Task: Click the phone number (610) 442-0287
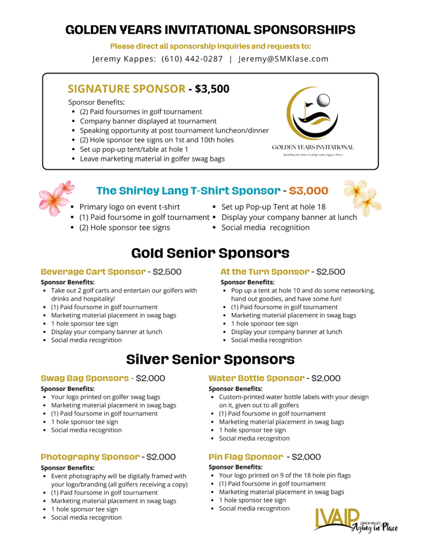click(192, 59)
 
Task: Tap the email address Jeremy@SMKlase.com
click(283, 59)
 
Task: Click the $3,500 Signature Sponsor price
click(212, 89)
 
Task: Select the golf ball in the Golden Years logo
click(323, 101)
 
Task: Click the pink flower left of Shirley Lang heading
click(55, 198)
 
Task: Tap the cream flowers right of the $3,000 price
click(362, 197)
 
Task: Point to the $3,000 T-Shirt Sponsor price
click(309, 191)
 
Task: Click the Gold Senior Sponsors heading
click(210, 252)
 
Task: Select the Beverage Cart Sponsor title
click(93, 272)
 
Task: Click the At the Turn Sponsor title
click(265, 272)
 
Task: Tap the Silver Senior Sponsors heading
click(210, 359)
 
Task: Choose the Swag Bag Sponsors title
click(85, 378)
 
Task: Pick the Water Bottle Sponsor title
click(256, 378)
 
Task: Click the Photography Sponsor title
click(90, 457)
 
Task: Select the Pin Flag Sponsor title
click(245, 457)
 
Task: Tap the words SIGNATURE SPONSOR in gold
click(127, 89)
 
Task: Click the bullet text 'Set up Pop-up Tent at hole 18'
click(274, 207)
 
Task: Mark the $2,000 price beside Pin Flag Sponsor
click(306, 457)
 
